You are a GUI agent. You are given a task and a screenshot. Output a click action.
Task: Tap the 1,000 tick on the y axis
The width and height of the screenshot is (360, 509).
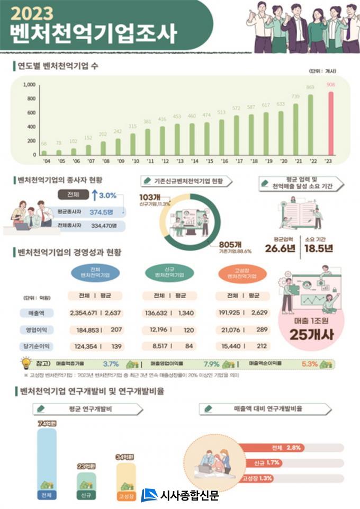coord(30,85)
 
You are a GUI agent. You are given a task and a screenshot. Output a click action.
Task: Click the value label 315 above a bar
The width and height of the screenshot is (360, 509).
coord(132,127)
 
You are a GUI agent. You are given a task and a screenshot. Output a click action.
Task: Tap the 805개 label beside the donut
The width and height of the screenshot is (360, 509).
coord(229,244)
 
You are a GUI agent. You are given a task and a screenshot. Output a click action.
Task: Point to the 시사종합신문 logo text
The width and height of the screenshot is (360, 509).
coord(188,495)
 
